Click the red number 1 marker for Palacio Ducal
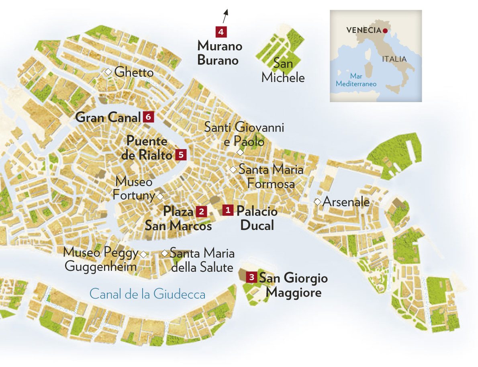coord(228,209)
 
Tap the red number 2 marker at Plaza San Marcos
coord(201,211)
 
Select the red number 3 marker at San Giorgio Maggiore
coord(251,277)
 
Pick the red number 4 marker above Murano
coord(221,31)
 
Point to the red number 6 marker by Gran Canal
coord(148,117)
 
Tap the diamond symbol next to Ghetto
coord(108,72)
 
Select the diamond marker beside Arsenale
coord(317,201)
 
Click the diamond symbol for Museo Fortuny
coord(159,197)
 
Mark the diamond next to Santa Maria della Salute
coord(165,253)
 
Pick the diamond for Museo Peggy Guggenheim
coord(143,254)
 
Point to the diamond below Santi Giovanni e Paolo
coord(240,152)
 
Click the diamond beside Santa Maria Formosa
coord(233,170)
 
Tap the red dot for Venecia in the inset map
coord(386,31)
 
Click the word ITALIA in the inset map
coord(394,59)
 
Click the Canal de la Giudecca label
coord(147,294)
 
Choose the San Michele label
coord(283,70)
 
